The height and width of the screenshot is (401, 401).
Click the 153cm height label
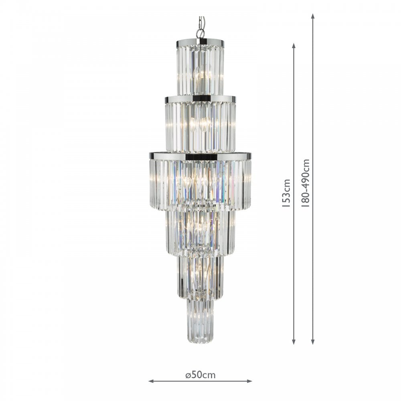[286, 193]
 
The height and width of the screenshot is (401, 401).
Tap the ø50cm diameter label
[200, 375]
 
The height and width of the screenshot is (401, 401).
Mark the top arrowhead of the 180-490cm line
[313, 16]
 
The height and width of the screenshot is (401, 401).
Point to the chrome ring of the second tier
[200, 99]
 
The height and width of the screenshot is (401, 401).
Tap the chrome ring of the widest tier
[200, 156]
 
